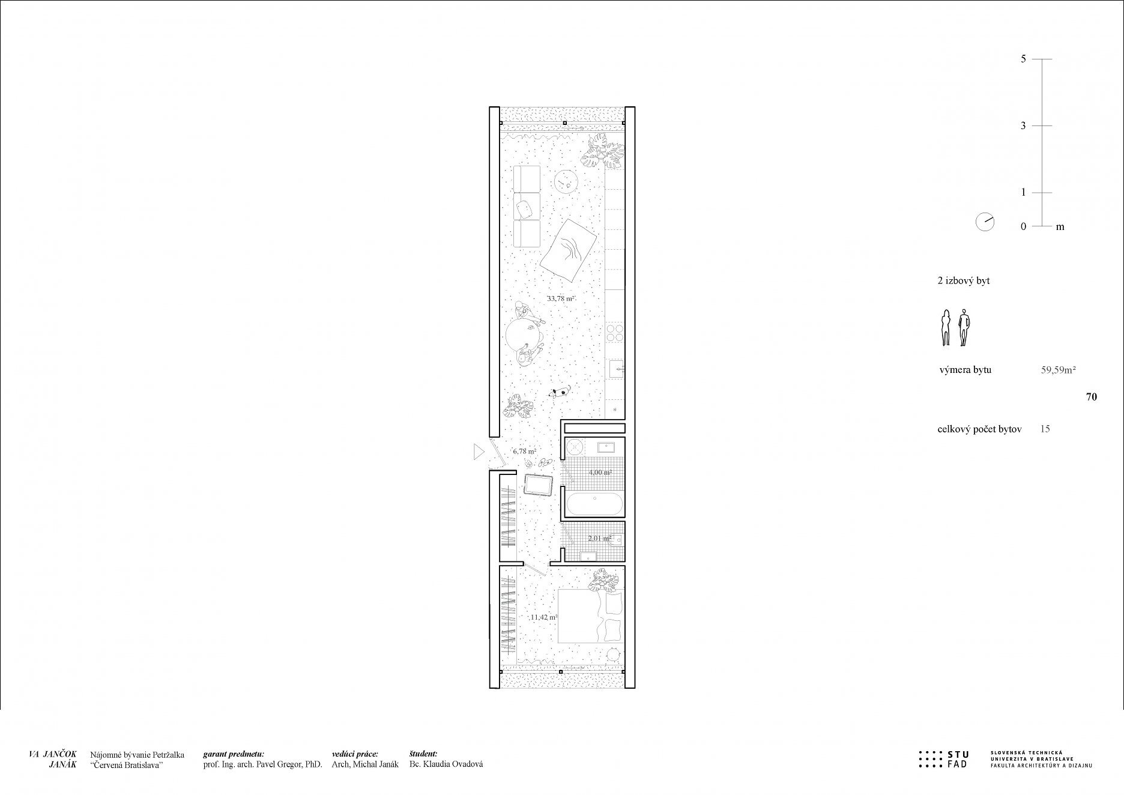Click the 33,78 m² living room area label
click(561, 298)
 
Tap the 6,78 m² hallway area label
click(524, 450)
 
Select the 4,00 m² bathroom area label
click(600, 472)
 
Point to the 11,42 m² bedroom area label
click(544, 617)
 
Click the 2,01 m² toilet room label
click(600, 538)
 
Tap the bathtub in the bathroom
click(594, 504)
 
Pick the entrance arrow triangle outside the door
click(479, 452)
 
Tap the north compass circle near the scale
click(985, 222)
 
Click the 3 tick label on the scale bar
click(1024, 125)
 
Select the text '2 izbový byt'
click(964, 280)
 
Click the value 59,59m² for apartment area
click(1058, 370)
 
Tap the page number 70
click(1092, 397)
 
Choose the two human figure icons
click(955, 328)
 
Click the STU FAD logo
click(943, 760)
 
